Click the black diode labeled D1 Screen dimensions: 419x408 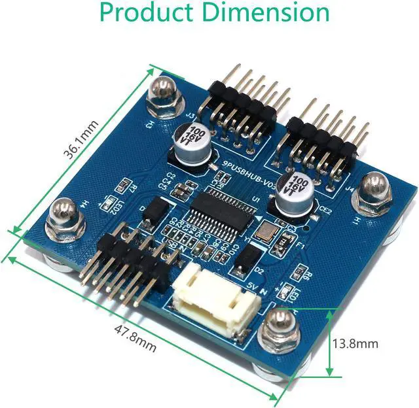155,209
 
